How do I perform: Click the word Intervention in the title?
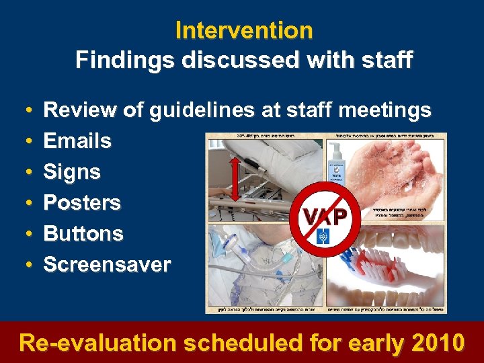click(243, 30)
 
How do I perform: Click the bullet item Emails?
click(77, 141)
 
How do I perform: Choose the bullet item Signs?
click(72, 172)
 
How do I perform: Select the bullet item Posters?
click(82, 203)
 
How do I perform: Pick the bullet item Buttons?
click(83, 234)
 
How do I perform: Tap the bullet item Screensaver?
click(107, 265)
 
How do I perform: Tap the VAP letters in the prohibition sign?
click(325, 216)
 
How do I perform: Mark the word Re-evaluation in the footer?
click(97, 343)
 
